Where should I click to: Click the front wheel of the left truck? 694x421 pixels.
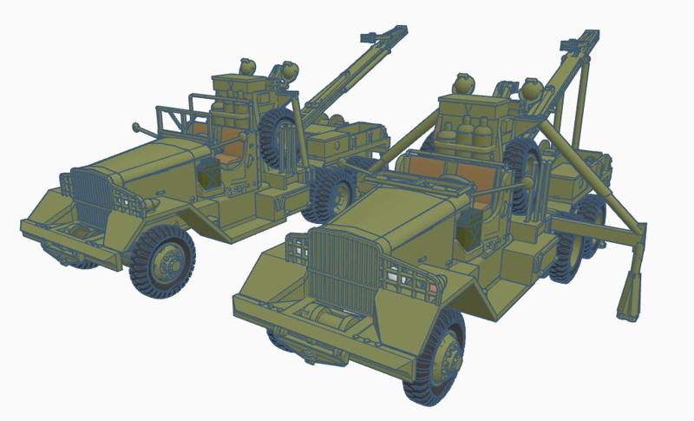click(x=162, y=260)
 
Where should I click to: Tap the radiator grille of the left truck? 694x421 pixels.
click(x=89, y=196)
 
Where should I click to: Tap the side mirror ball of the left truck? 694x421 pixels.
click(x=137, y=128)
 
